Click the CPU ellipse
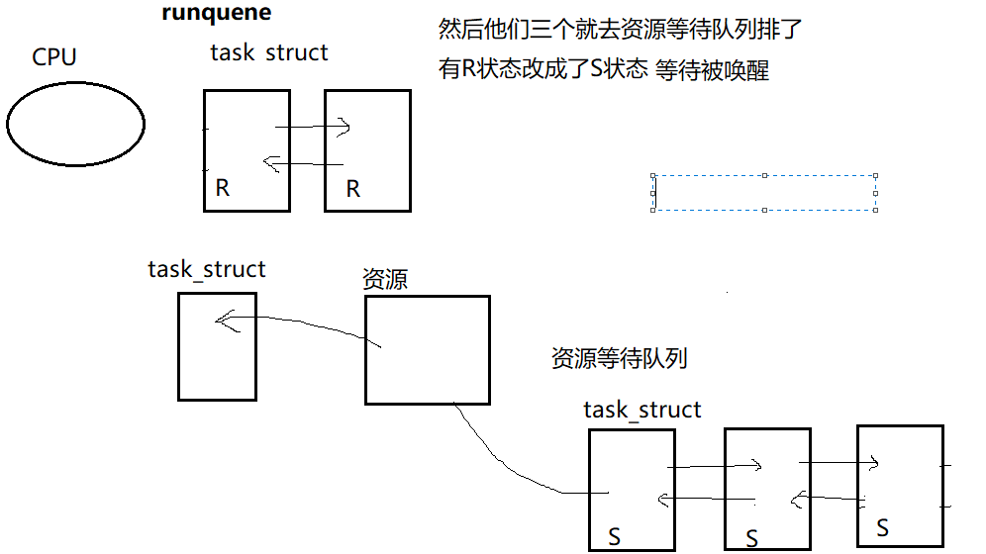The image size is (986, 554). pyautogui.click(x=75, y=123)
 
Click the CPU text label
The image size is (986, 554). pyautogui.click(x=54, y=57)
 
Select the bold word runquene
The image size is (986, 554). pyautogui.click(x=216, y=14)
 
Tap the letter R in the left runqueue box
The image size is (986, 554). pyautogui.click(x=223, y=188)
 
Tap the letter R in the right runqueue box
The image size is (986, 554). pyautogui.click(x=353, y=188)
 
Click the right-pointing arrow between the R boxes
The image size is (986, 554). pyautogui.click(x=312, y=127)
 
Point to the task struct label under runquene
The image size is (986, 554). pyautogui.click(x=268, y=52)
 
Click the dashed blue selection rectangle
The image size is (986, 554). pyautogui.click(x=764, y=193)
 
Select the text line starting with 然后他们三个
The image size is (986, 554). pyautogui.click(x=620, y=30)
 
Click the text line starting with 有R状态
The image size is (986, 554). pyautogui.click(x=603, y=70)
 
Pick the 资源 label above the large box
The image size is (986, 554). pyautogui.click(x=385, y=280)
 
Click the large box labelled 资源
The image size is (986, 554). pyautogui.click(x=427, y=350)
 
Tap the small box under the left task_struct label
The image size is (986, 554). pyautogui.click(x=217, y=346)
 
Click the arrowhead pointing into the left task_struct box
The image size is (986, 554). pyautogui.click(x=225, y=321)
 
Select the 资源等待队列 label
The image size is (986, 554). pyautogui.click(x=619, y=358)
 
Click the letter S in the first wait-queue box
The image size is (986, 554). pyautogui.click(x=614, y=537)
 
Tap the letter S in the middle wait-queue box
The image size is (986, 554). pyautogui.click(x=751, y=538)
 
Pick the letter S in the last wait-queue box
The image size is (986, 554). pyautogui.click(x=882, y=528)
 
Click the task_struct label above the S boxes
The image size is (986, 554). pyautogui.click(x=641, y=410)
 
